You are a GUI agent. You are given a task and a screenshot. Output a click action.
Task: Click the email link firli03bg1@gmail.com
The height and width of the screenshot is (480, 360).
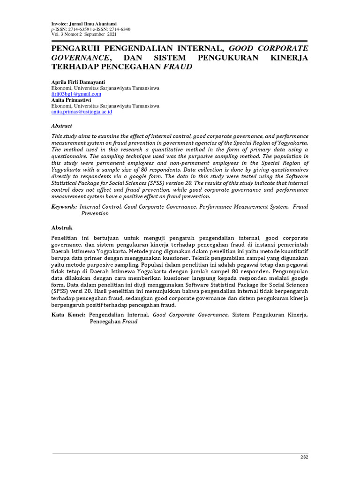[x=76, y=94]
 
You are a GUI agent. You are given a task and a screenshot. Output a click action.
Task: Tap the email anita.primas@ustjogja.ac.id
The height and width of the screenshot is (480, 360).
[x=82, y=112]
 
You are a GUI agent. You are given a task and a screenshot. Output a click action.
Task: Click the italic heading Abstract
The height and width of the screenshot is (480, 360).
[x=61, y=126]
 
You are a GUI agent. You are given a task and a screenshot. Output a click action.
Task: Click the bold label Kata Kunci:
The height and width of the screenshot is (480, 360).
[x=68, y=315]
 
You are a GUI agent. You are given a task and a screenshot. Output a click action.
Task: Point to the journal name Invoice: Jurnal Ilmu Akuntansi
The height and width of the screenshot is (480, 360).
[x=84, y=23]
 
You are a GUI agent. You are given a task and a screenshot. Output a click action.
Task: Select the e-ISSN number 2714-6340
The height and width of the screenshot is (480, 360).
[x=119, y=29]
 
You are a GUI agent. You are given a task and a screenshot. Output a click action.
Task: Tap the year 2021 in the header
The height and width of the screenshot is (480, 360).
[x=112, y=35]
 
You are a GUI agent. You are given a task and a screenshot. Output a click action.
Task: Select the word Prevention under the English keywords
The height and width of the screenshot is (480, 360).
[x=95, y=213]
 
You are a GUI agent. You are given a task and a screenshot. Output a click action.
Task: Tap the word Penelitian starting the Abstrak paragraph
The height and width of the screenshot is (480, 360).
[x=66, y=238]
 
